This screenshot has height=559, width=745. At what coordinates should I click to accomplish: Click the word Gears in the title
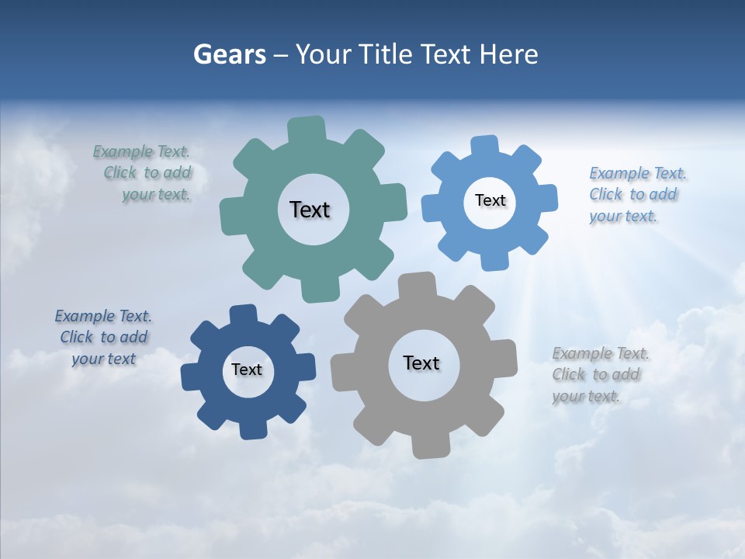pyautogui.click(x=229, y=54)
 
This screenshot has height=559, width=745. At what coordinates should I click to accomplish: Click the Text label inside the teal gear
pyautogui.click(x=310, y=210)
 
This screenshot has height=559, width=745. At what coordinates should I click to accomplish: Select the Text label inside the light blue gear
pyautogui.click(x=490, y=200)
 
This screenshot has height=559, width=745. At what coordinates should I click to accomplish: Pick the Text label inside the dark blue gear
pyautogui.click(x=247, y=370)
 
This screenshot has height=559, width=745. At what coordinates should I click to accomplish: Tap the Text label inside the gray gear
pyautogui.click(x=421, y=363)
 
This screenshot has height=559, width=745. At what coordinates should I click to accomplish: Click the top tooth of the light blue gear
pyautogui.click(x=485, y=147)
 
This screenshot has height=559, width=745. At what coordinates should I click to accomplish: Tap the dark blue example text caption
pyautogui.click(x=103, y=337)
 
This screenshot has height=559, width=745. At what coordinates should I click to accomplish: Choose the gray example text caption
pyautogui.click(x=600, y=374)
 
